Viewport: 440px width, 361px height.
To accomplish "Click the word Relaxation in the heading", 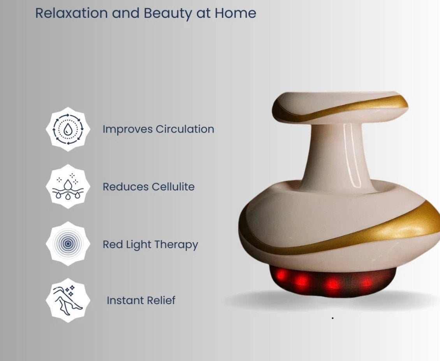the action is [x=71, y=13].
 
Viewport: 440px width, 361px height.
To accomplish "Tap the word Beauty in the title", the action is [x=167, y=14].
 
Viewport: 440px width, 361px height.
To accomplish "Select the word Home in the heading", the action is [x=235, y=13].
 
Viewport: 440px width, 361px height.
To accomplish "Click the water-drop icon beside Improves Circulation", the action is [x=68, y=129].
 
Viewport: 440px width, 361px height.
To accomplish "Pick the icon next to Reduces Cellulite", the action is [x=68, y=187].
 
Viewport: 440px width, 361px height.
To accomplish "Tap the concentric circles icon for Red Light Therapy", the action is [x=68, y=244].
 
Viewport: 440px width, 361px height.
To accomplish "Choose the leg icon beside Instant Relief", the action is [x=68, y=300].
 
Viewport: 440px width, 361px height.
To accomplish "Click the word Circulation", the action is [x=185, y=129].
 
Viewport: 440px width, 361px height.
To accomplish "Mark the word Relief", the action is [x=161, y=300].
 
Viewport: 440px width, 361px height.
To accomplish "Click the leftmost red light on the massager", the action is [x=281, y=274].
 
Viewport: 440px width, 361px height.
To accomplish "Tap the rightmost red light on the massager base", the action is [x=366, y=282].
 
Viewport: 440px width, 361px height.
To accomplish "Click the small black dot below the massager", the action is [x=333, y=318].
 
